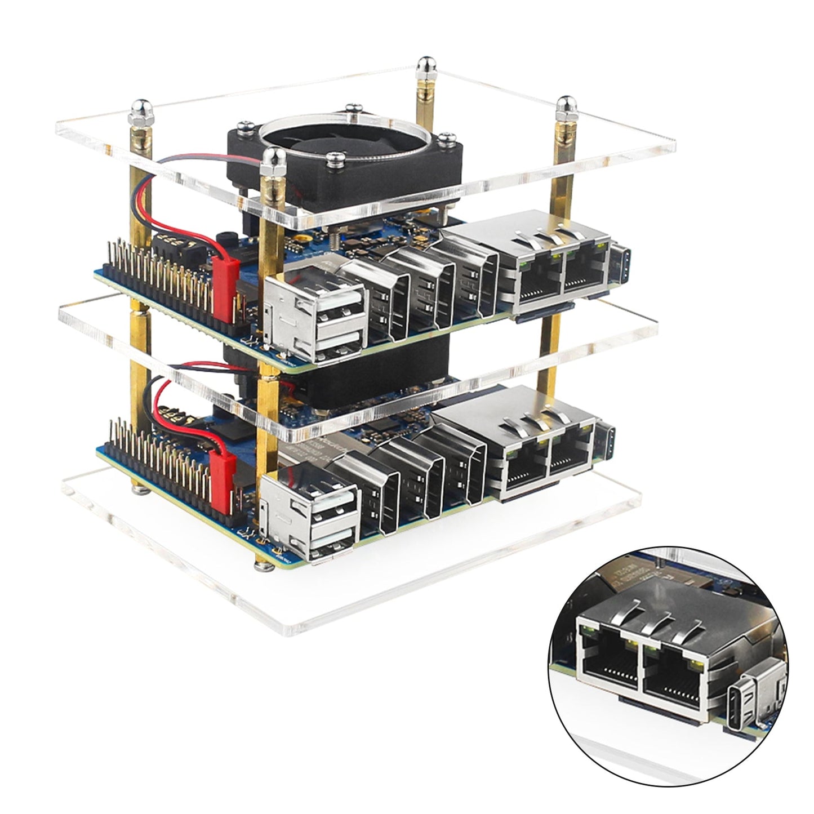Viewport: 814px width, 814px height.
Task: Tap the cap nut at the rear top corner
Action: click(x=423, y=66)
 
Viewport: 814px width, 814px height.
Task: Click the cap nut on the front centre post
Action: click(x=272, y=161)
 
